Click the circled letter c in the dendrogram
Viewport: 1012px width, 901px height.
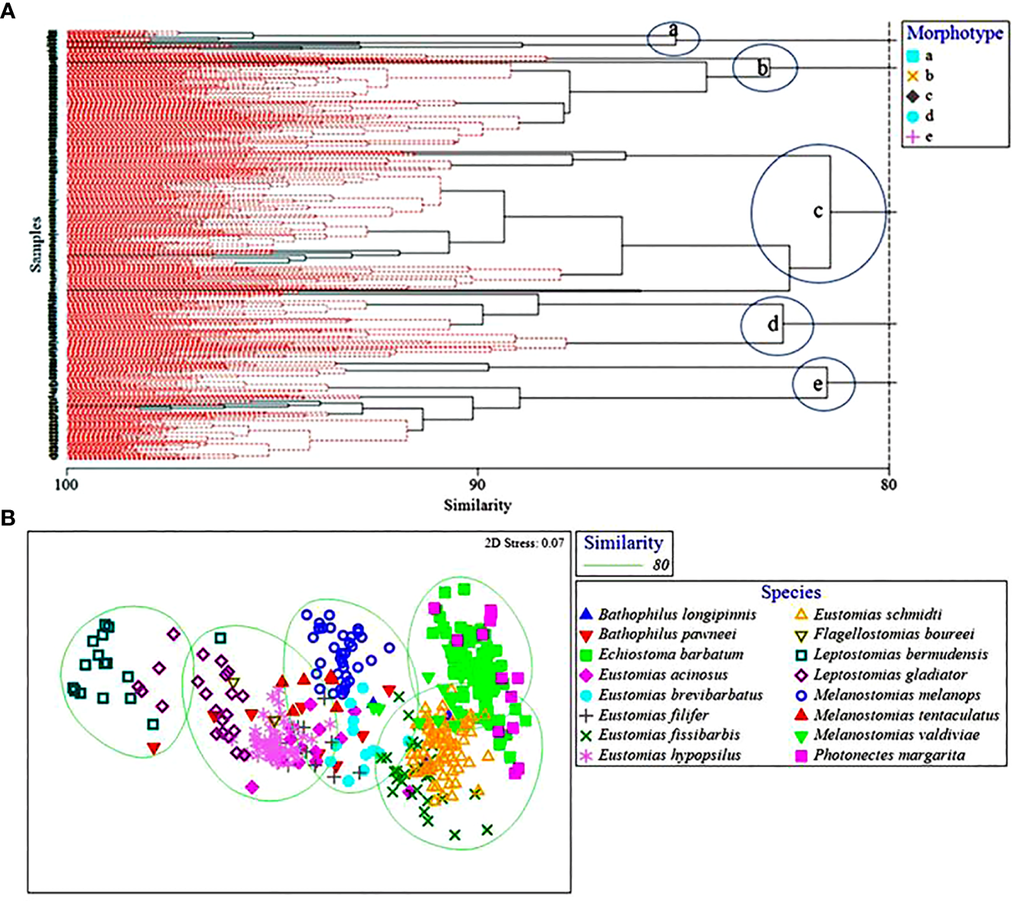coord(818,211)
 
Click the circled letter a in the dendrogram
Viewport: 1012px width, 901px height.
coord(673,31)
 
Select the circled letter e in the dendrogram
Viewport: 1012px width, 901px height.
coord(818,385)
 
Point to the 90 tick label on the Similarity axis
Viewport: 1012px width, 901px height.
coord(477,484)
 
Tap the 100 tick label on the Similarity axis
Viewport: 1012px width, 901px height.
coord(67,484)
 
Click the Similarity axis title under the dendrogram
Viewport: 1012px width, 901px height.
coord(477,505)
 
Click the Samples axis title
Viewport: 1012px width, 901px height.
coord(36,244)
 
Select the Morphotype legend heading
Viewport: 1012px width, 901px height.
coord(955,33)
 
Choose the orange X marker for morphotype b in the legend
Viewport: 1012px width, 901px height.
coord(913,76)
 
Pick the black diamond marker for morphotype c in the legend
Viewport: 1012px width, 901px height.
coord(913,97)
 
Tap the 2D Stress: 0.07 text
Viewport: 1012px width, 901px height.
coord(524,543)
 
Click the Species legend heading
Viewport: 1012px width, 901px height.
coord(791,592)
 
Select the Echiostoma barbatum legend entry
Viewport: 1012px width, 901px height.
coord(670,655)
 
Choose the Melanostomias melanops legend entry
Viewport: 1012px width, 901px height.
coord(896,695)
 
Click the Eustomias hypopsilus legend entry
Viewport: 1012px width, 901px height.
coord(669,755)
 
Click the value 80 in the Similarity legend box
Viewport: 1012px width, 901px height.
coord(661,565)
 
